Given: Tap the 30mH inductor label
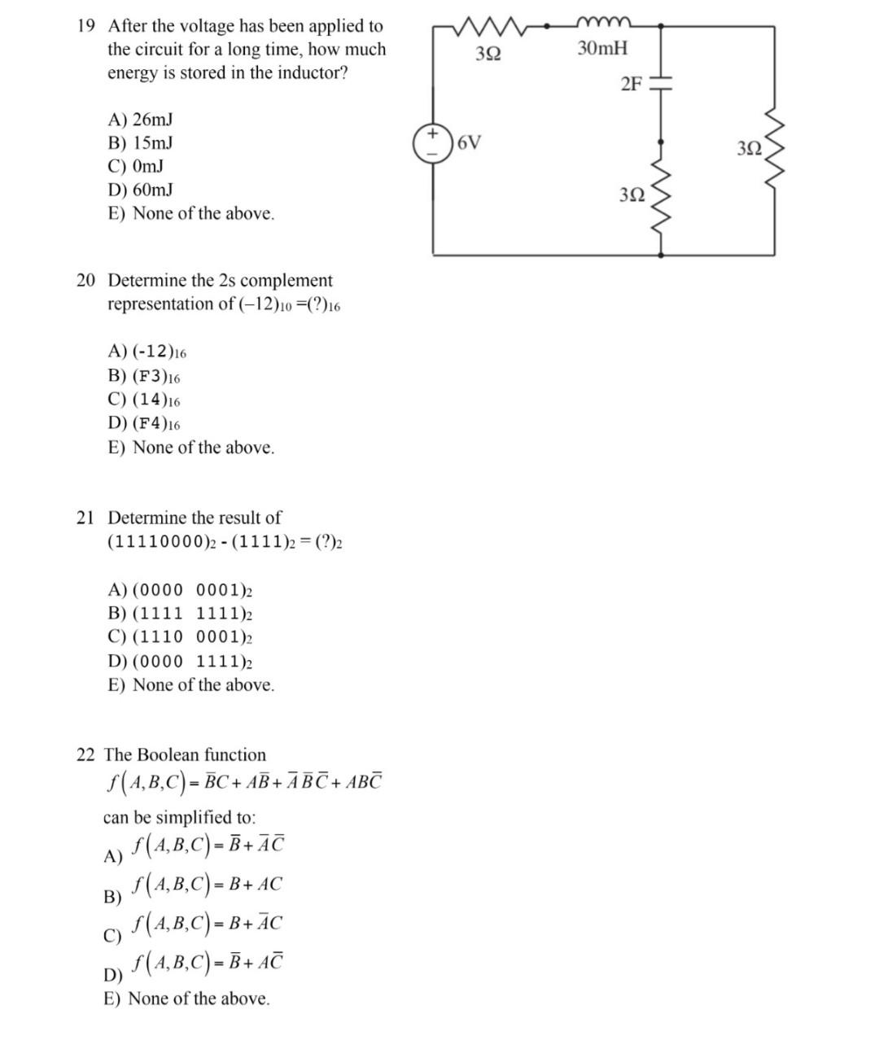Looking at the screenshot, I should pos(602,48).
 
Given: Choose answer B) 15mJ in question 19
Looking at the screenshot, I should pos(140,143).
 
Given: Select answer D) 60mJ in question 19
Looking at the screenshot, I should pos(140,190).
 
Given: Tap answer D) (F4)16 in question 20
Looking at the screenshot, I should pos(144,424).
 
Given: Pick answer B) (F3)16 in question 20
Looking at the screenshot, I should pos(144,377).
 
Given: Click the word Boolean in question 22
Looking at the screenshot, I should pos(168,755).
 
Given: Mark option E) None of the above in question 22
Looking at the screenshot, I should pos(186,999).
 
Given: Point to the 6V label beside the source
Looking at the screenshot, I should pos(469,144).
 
